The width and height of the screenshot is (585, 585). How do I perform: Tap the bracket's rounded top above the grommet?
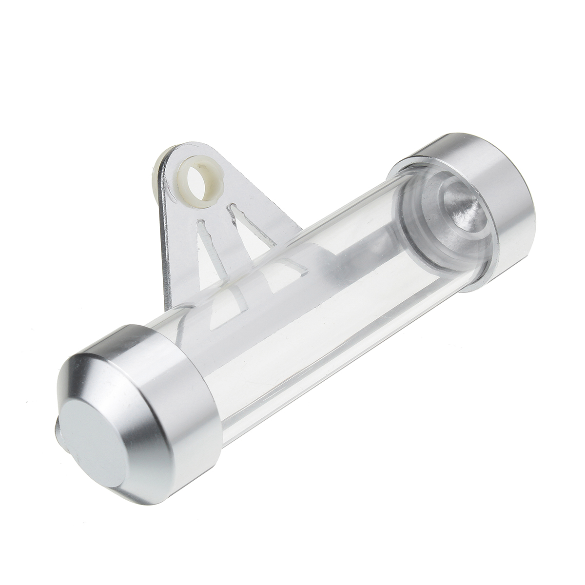195,147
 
